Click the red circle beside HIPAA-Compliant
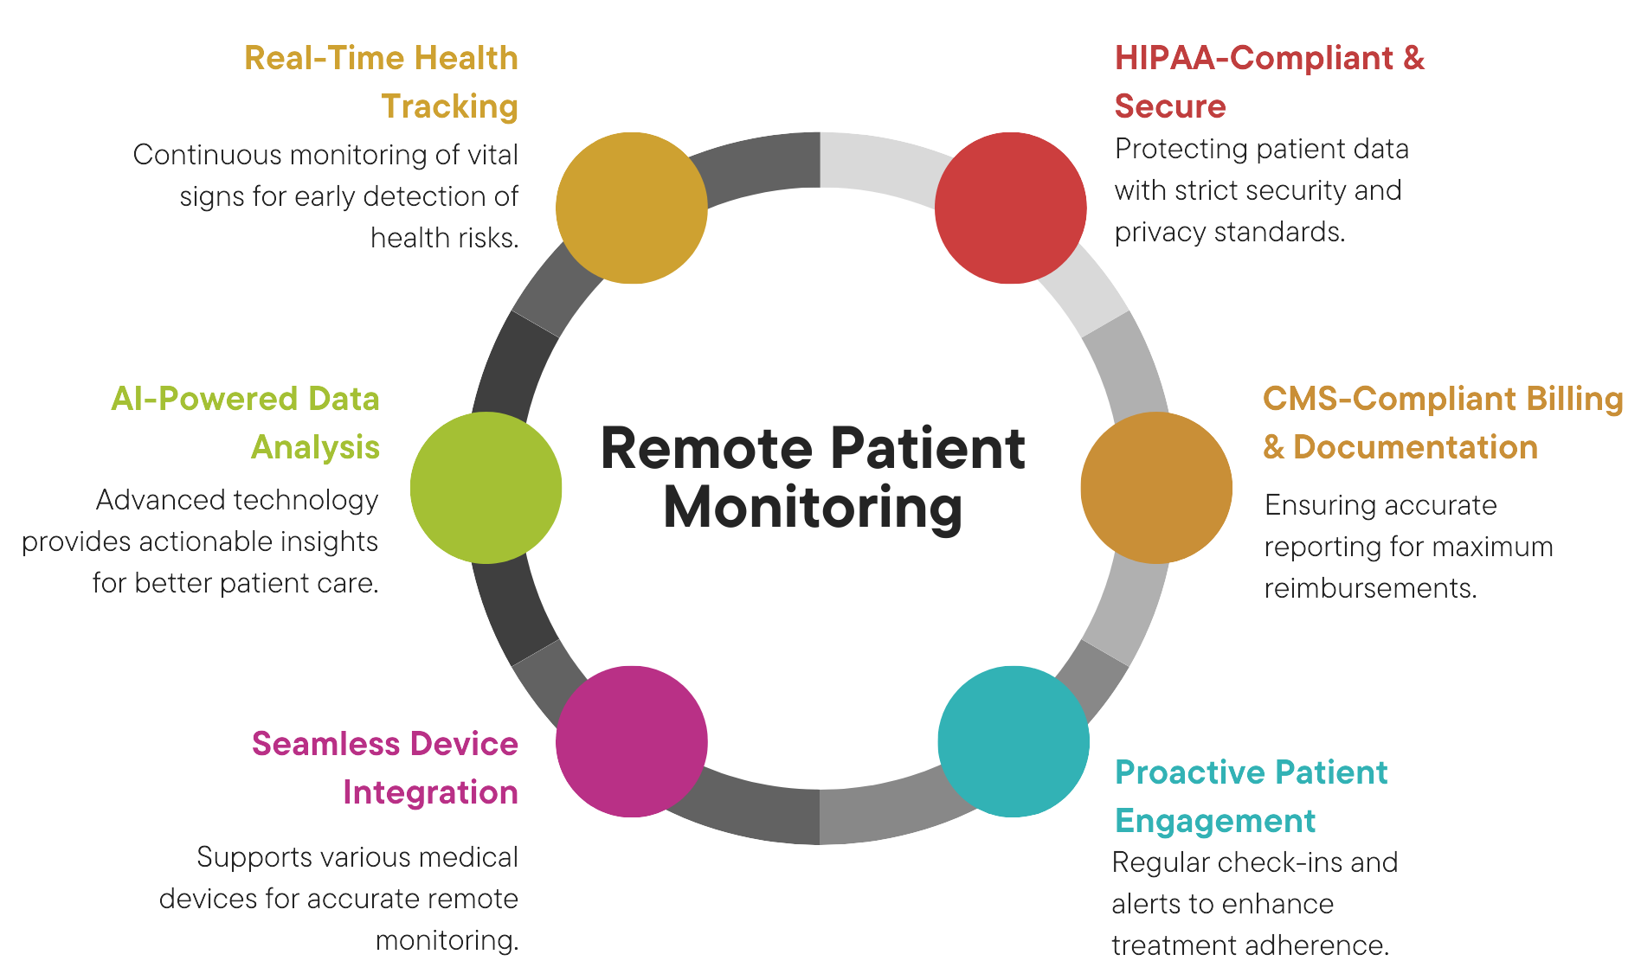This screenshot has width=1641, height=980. click(x=1010, y=208)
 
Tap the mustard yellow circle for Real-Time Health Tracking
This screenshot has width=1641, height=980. click(x=631, y=208)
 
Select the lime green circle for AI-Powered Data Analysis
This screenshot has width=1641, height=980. click(x=486, y=488)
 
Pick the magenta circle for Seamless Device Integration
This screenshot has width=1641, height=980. click(x=631, y=741)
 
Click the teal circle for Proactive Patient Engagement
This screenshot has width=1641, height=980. click(x=1014, y=741)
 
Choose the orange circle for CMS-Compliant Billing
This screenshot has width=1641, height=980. click(x=1156, y=488)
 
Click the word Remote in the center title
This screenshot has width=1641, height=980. click(x=707, y=449)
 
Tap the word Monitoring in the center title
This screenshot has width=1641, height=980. click(x=812, y=508)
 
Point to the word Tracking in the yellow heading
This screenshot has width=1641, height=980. click(x=449, y=106)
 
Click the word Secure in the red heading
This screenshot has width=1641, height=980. click(x=1169, y=106)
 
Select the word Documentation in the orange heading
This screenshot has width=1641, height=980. click(x=1415, y=447)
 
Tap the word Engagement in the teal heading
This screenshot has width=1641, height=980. click(x=1214, y=821)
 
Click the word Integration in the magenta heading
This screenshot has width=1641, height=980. click(x=430, y=792)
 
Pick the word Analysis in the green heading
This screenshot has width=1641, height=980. click(x=315, y=447)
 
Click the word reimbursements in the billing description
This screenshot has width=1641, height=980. click(x=1369, y=588)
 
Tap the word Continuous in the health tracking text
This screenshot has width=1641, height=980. click(x=206, y=155)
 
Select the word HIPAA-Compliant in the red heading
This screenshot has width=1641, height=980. click(x=1253, y=58)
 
